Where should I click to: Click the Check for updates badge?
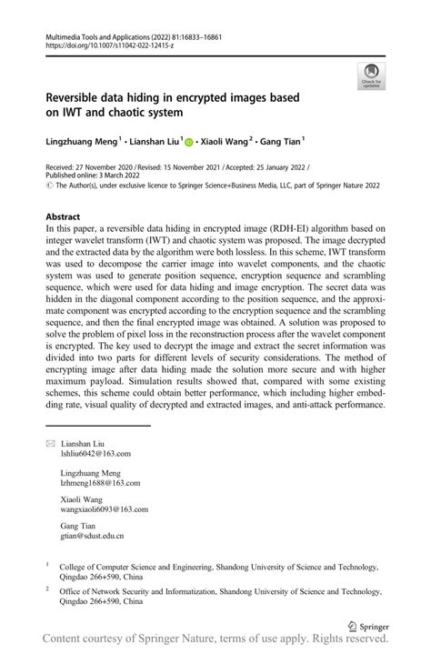coord(370,75)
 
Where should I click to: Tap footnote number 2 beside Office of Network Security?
coord(47,589)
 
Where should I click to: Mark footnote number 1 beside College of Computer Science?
coord(47,564)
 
